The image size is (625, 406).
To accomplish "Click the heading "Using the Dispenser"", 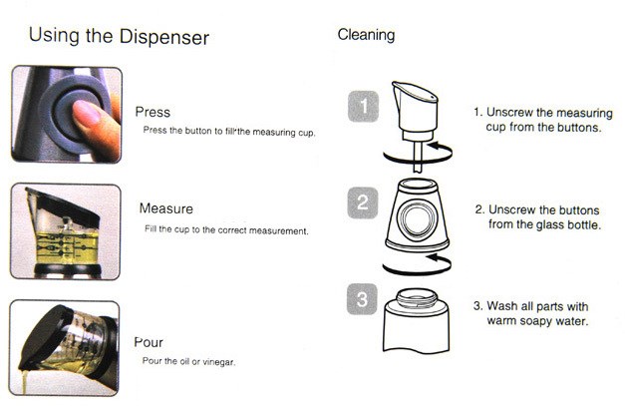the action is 119,36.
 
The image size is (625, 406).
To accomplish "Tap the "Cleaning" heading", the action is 366,35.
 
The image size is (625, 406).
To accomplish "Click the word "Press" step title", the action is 153,112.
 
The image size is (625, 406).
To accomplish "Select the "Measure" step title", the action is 166,208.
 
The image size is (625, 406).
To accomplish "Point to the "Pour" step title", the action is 149,342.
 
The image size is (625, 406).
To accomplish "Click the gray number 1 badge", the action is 363,107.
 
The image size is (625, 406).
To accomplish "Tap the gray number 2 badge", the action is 362,203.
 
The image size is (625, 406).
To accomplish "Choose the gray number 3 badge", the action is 362,299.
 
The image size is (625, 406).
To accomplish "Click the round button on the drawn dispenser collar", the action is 417,218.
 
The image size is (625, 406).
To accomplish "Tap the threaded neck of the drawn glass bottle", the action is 417,298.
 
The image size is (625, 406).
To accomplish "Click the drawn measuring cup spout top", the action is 415,90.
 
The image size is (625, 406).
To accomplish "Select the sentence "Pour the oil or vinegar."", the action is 189,362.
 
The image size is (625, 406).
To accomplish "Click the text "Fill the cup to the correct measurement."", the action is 226,230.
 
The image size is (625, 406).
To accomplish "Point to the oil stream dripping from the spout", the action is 24,382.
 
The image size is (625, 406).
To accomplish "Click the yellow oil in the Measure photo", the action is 67,247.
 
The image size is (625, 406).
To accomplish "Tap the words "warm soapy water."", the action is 537,321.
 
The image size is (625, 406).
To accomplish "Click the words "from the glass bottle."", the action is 544,224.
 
